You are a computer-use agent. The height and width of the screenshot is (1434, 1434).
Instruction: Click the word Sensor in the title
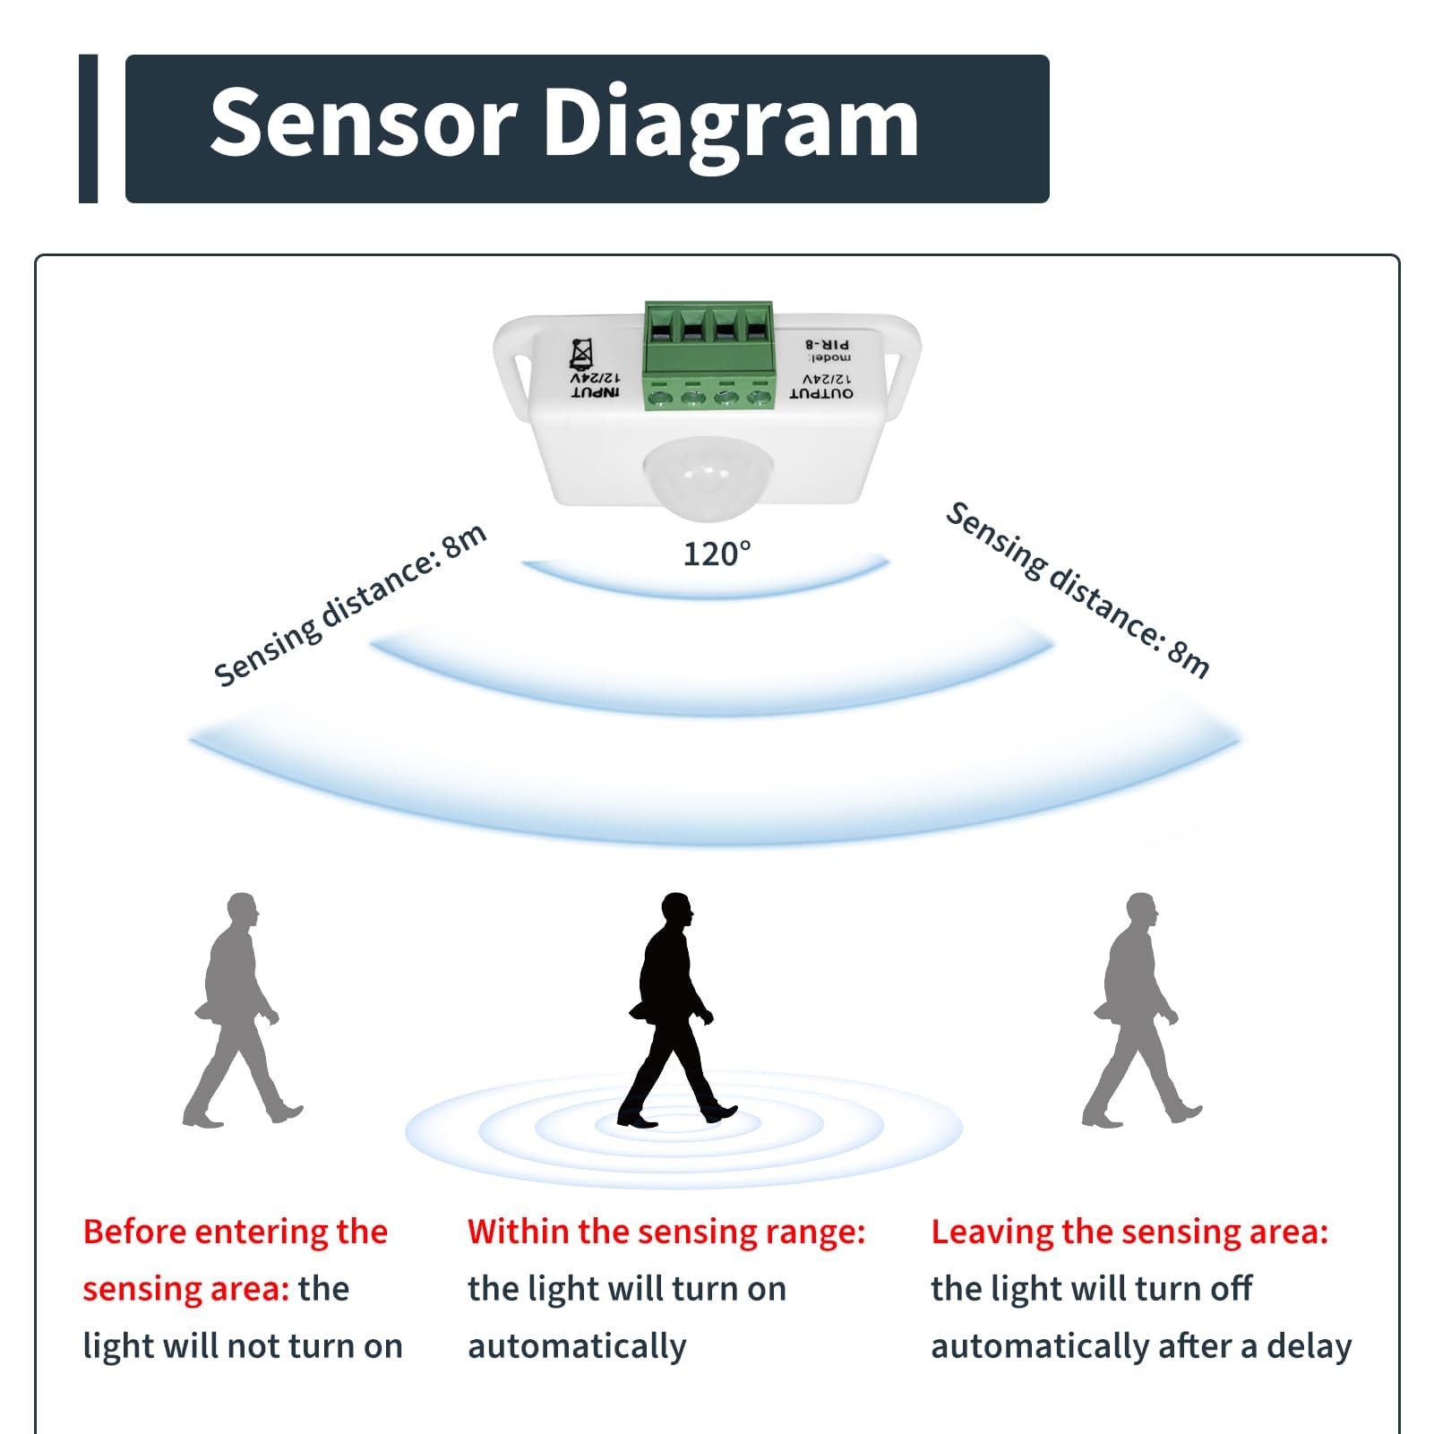point(363,123)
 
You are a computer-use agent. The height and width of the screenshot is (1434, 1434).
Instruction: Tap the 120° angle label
point(717,554)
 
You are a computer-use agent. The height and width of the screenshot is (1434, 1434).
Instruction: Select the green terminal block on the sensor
point(708,356)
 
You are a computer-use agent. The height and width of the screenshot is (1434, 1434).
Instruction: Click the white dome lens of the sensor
point(708,477)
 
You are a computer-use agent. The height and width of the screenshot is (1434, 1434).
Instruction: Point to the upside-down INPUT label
point(596,393)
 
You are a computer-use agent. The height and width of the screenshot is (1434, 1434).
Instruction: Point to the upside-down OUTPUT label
point(821,393)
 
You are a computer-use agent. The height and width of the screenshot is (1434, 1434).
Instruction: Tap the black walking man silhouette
point(676,1009)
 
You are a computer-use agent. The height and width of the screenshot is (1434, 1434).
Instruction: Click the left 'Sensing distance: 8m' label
point(350,605)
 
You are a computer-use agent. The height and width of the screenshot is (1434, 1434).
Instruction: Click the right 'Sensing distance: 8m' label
point(1078,589)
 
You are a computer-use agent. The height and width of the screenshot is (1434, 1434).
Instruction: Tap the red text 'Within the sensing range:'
point(666,1232)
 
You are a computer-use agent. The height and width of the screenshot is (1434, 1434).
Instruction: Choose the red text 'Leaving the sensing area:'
point(1129,1232)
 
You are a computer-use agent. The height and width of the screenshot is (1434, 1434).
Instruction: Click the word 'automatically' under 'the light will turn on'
point(577,1346)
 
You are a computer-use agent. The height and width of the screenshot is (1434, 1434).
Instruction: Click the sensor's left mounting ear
point(515,358)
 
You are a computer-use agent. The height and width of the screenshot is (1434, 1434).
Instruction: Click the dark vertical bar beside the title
point(88,129)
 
